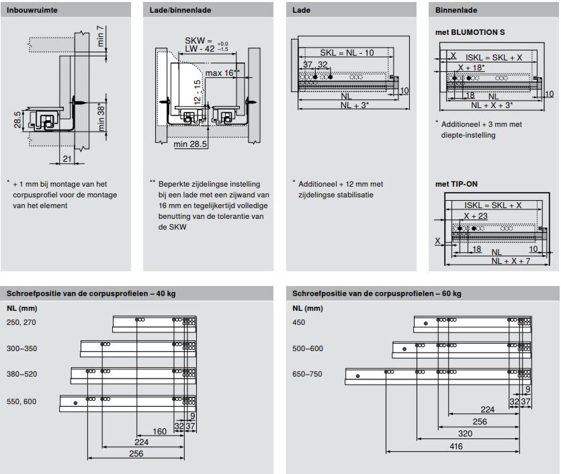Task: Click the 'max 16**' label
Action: click(223, 73)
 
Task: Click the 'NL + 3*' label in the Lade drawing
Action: click(355, 105)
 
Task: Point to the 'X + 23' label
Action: click(475, 216)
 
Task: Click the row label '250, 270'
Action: click(21, 322)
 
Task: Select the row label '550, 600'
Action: click(21, 401)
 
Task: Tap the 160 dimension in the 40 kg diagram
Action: click(159, 432)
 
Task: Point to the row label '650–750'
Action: click(308, 374)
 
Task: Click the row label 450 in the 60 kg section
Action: click(298, 322)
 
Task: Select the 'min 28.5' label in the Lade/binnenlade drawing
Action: click(190, 144)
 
